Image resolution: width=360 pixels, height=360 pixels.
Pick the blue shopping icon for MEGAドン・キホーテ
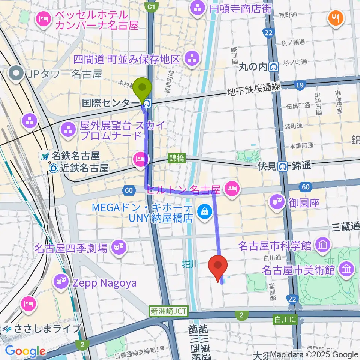(205, 211)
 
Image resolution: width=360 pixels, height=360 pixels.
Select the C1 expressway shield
(151, 6)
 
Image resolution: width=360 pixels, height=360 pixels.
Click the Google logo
(25, 351)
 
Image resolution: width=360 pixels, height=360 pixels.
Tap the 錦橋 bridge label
(177, 159)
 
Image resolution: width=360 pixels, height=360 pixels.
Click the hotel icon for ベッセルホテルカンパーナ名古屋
(43, 20)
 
